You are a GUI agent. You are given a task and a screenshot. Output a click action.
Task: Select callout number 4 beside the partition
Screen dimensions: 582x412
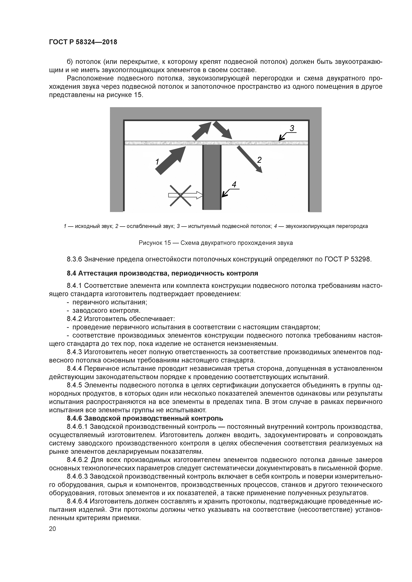coord(234,184)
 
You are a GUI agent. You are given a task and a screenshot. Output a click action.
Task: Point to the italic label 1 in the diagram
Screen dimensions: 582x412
coord(157,162)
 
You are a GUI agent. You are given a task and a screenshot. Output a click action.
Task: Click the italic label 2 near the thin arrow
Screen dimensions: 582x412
coord(259,160)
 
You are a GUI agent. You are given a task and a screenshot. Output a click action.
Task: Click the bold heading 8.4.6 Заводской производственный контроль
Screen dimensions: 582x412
coord(145,418)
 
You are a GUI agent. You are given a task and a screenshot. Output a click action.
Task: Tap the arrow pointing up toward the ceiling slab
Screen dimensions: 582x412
coord(202,131)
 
